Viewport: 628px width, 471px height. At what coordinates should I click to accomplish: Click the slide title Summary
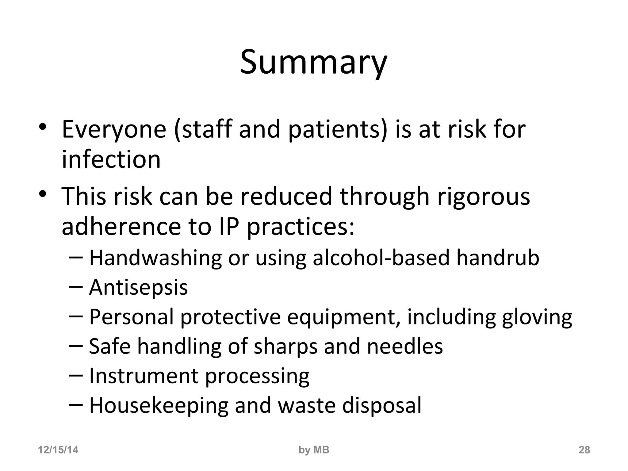click(x=313, y=63)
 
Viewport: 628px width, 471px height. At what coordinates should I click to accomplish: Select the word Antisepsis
click(x=138, y=288)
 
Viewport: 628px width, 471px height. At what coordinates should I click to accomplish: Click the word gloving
click(x=537, y=317)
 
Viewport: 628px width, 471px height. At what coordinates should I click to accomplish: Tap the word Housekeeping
click(x=159, y=405)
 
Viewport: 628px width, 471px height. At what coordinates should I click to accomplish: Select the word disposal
click(x=382, y=405)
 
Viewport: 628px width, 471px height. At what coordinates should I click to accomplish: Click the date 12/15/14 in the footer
click(x=58, y=450)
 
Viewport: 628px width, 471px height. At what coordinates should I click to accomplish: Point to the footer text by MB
click(x=314, y=450)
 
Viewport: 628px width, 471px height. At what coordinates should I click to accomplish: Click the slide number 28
click(x=584, y=450)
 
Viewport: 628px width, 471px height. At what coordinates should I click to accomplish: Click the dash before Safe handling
click(x=76, y=345)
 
